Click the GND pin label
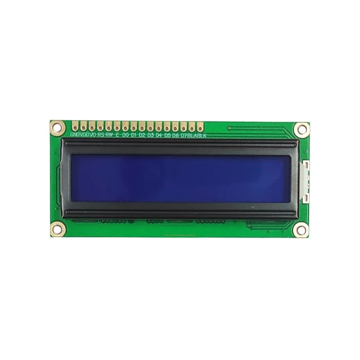75,135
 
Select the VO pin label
93,135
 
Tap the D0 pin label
125,135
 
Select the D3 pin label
151,135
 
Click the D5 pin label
168,135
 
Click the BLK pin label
202,135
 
